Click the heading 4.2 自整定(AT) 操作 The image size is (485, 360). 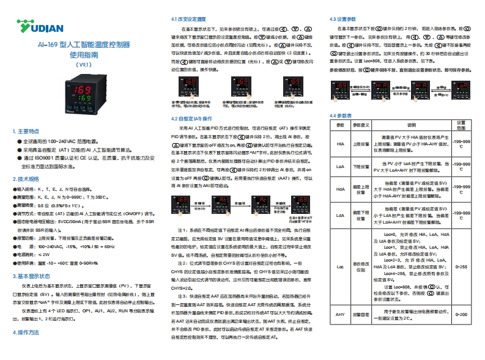(191, 118)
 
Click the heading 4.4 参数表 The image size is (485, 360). (341, 115)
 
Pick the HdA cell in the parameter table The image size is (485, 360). (340, 189)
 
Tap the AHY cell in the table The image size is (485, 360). (340, 314)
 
